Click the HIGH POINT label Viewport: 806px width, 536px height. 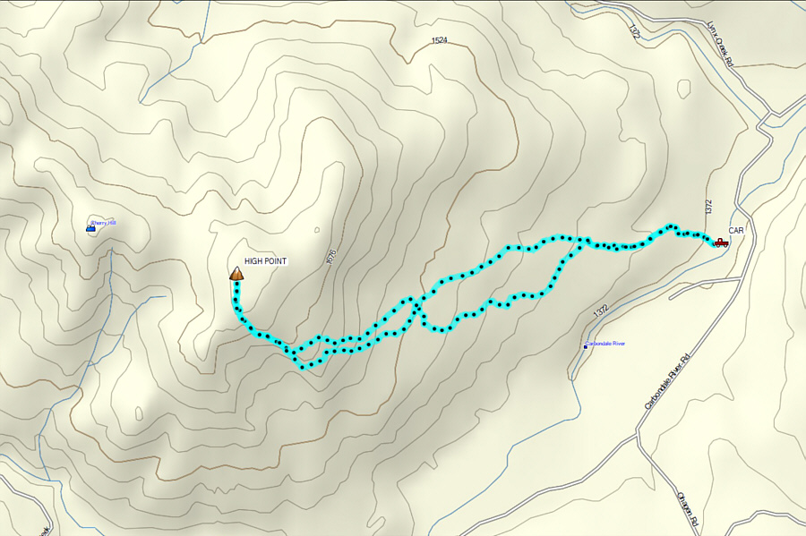pyautogui.click(x=265, y=261)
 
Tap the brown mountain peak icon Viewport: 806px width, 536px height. pyautogui.click(x=236, y=274)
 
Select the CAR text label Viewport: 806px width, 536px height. pyautogui.click(x=736, y=231)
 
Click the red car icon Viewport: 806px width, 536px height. pyautogui.click(x=720, y=242)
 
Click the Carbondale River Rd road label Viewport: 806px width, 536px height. pyautogui.click(x=670, y=381)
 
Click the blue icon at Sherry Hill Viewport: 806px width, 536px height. pyautogui.click(x=90, y=229)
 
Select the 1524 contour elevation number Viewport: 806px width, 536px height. pyautogui.click(x=439, y=41)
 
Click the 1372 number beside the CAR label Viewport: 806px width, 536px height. pyautogui.click(x=708, y=207)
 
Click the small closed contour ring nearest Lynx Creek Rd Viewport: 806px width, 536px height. pyautogui.click(x=684, y=88)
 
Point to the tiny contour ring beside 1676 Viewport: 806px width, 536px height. pyautogui.click(x=316, y=230)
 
